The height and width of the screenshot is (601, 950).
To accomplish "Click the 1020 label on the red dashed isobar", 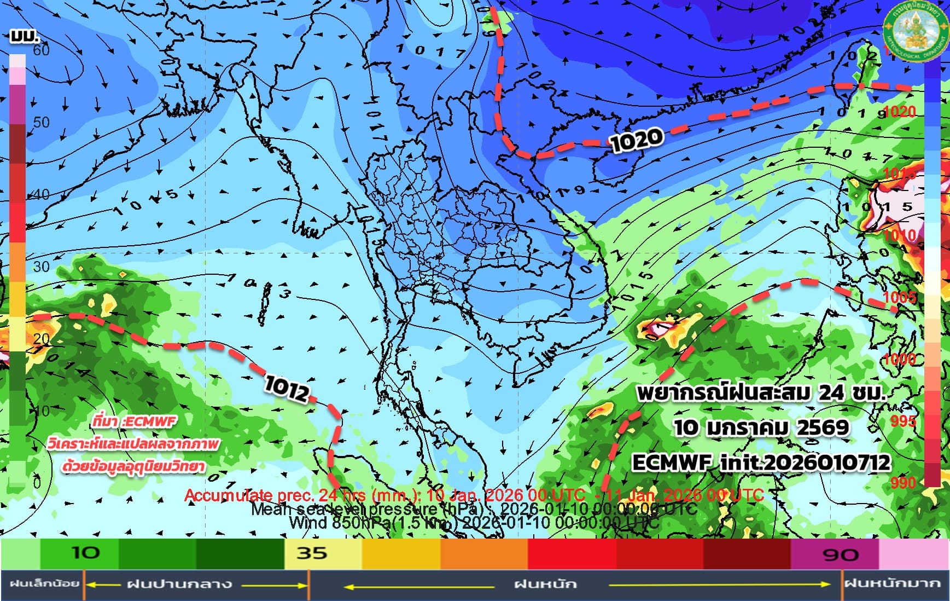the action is (636, 140).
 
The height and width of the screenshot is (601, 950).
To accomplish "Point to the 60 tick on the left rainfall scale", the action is (40, 50).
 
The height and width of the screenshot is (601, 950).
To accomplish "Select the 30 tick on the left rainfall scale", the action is (41, 267).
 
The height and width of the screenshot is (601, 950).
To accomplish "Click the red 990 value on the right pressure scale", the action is (903, 482).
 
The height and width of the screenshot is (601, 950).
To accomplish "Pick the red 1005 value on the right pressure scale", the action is (900, 297).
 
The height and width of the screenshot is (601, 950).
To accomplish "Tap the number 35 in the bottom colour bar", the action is (312, 553).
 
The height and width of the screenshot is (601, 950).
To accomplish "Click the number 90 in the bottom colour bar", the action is (840, 554).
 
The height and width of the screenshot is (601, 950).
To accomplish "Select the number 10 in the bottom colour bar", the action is (86, 553).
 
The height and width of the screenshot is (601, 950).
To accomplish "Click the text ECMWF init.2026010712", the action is (761, 463).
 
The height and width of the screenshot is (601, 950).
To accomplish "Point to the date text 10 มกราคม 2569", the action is (761, 427).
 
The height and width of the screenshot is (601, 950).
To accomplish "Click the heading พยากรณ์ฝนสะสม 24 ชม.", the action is (761, 392).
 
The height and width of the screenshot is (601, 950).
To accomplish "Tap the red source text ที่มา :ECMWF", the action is (135, 421).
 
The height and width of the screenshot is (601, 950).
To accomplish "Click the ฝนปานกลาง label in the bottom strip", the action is (179, 585).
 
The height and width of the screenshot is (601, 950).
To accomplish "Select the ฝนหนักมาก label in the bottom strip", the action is (895, 584).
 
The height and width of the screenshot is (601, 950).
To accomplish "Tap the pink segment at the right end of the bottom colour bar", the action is (913, 554).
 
